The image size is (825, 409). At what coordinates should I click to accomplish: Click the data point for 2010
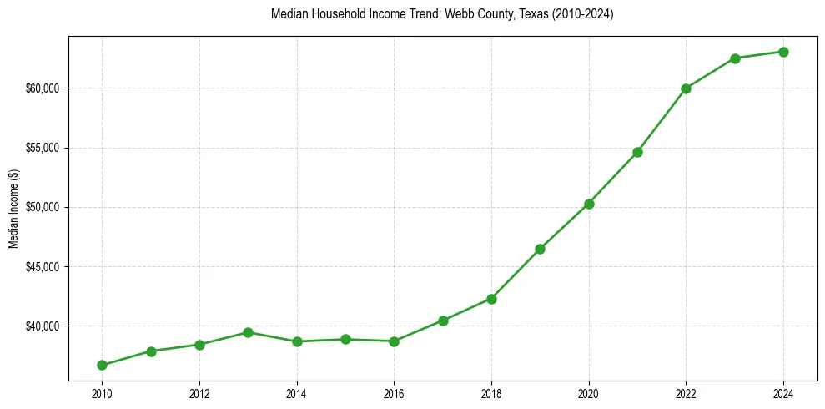click(102, 365)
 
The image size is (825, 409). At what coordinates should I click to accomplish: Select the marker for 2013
click(248, 332)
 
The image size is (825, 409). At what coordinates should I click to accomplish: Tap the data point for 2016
click(394, 341)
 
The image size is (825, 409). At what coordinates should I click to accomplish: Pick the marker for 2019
click(540, 249)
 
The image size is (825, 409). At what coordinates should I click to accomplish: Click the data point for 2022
click(686, 88)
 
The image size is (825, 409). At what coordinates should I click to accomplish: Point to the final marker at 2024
click(783, 52)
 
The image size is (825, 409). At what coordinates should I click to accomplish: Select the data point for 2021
click(637, 152)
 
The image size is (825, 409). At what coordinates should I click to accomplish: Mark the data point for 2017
click(443, 321)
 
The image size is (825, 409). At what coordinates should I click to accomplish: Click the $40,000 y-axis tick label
click(43, 326)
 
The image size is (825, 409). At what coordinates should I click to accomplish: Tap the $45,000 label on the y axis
click(43, 267)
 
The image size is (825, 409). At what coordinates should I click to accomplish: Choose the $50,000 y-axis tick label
click(43, 207)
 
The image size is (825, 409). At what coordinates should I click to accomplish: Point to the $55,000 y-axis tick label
click(43, 148)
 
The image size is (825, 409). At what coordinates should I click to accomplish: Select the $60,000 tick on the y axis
click(43, 88)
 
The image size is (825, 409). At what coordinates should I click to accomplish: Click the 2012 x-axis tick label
click(199, 392)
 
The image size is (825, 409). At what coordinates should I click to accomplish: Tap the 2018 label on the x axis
click(491, 392)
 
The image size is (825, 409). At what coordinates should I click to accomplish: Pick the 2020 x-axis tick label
click(589, 392)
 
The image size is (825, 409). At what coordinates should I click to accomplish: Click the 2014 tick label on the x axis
click(296, 392)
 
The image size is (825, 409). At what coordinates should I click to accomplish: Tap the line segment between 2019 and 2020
click(565, 226)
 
